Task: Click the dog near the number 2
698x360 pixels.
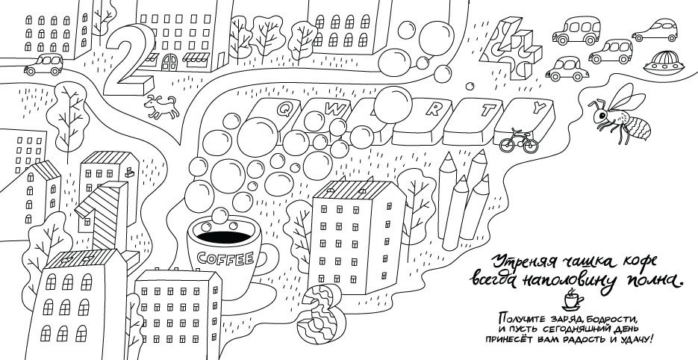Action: pos(161,107)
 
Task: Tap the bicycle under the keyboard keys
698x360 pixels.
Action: pos(519,141)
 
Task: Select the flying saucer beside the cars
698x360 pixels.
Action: pos(664,63)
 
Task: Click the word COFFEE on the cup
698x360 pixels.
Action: pos(225,258)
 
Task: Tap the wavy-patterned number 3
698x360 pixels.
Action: pos(320,314)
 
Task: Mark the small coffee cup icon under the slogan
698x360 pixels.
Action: pos(572,300)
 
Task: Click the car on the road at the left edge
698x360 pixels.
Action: pos(43,64)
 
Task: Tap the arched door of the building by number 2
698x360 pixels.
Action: pos(169,63)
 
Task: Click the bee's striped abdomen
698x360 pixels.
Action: pos(637,126)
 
